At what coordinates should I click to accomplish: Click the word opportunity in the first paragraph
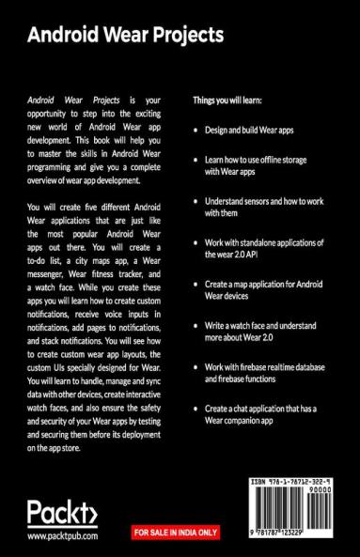click(53, 113)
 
